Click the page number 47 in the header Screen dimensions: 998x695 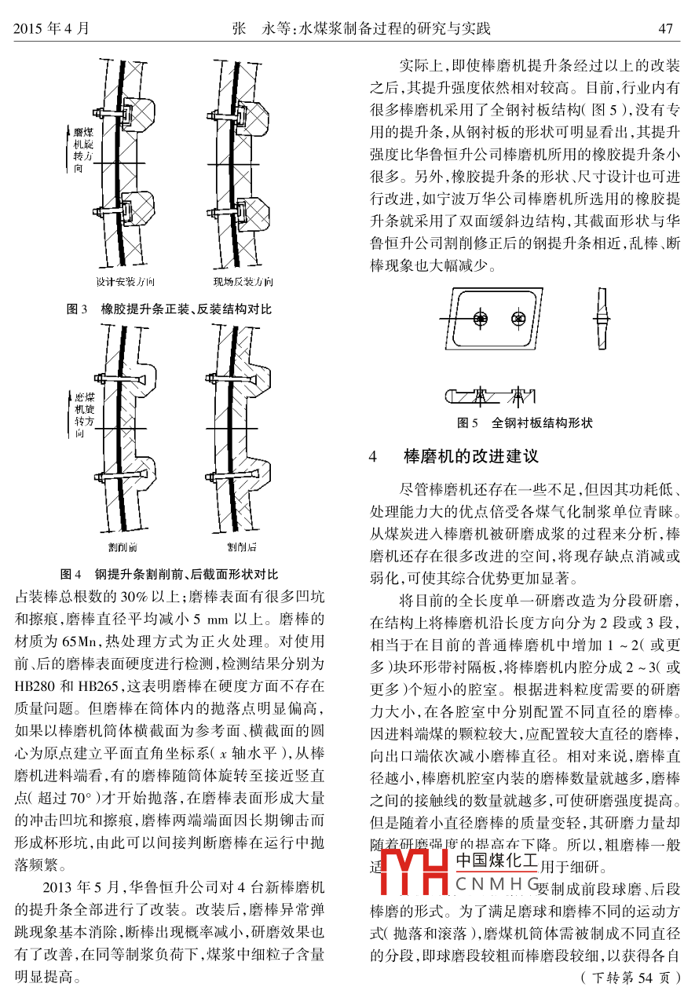coord(666,29)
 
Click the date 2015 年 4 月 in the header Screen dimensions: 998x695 coord(51,29)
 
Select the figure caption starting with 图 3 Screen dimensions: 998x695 coord(169,309)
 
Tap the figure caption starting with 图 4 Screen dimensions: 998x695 coord(169,573)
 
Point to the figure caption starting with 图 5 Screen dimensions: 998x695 coord(525,423)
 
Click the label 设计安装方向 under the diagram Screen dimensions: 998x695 coord(125,282)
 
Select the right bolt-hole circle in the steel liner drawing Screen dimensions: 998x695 coord(518,318)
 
